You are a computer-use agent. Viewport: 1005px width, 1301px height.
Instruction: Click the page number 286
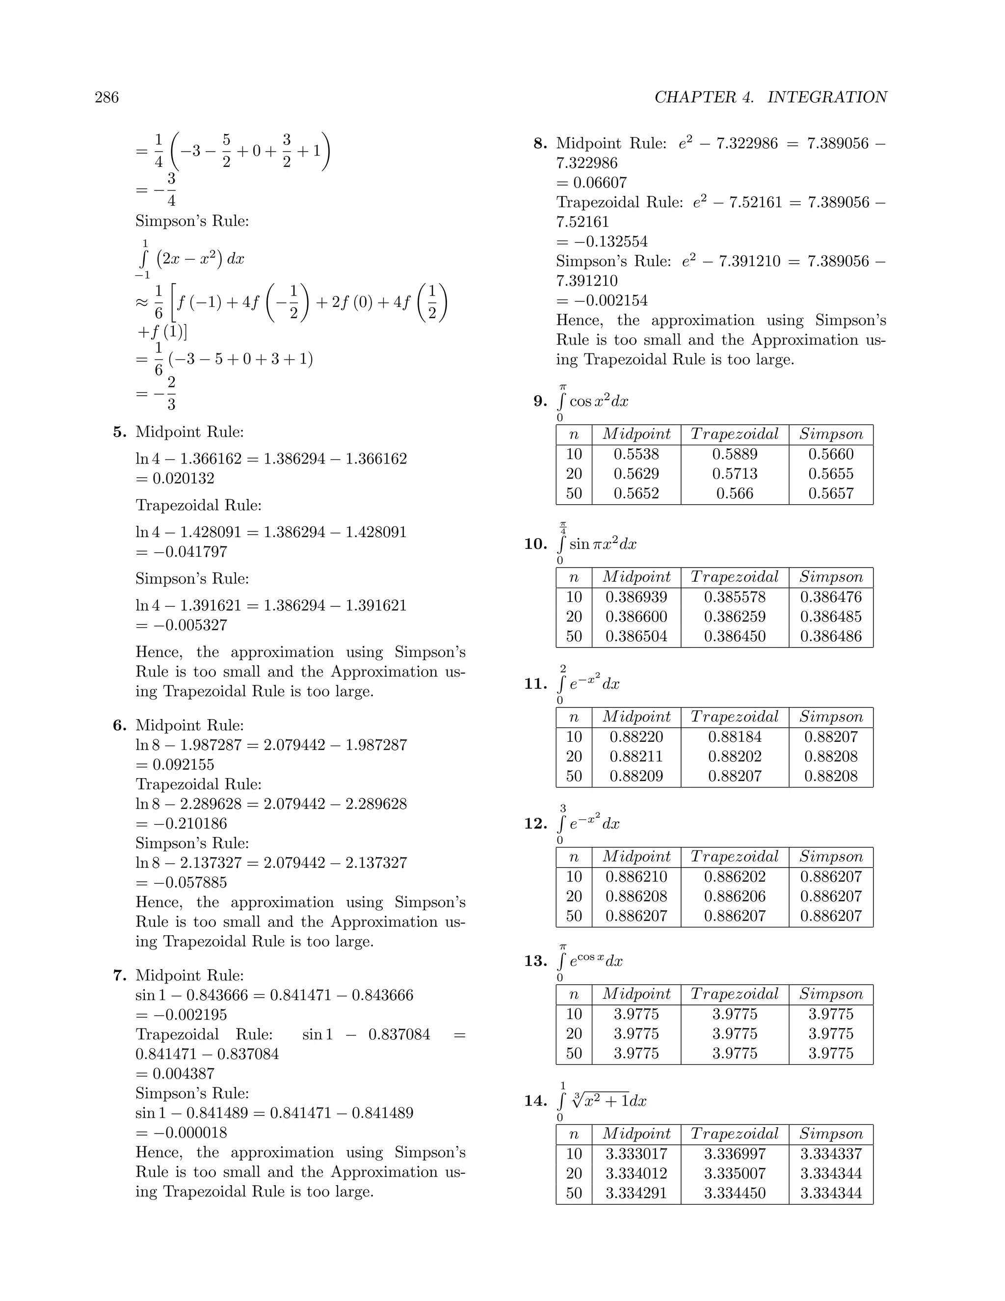pyautogui.click(x=106, y=97)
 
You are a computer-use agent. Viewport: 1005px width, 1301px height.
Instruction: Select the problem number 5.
pyautogui.click(x=120, y=432)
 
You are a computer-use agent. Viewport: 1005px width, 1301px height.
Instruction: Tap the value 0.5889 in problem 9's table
pyautogui.click(x=735, y=454)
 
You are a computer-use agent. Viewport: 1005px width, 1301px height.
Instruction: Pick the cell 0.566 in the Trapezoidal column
pyautogui.click(x=735, y=493)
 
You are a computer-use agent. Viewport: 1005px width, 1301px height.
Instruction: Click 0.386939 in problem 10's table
pyautogui.click(x=636, y=597)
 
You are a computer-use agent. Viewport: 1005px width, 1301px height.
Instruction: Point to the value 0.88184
pyautogui.click(x=735, y=737)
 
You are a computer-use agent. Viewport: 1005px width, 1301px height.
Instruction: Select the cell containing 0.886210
pyautogui.click(x=636, y=876)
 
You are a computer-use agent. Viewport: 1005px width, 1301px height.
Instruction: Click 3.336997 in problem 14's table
pyautogui.click(x=735, y=1154)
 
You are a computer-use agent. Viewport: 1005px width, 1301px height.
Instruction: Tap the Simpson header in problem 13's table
pyautogui.click(x=831, y=994)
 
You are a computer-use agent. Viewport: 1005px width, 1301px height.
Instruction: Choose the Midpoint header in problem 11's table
pyautogui.click(x=636, y=717)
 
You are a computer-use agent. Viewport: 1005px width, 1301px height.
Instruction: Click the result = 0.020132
pyautogui.click(x=175, y=478)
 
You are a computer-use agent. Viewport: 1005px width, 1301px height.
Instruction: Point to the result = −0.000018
pyautogui.click(x=182, y=1133)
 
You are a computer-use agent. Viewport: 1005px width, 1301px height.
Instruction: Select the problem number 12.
pyautogui.click(x=535, y=824)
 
